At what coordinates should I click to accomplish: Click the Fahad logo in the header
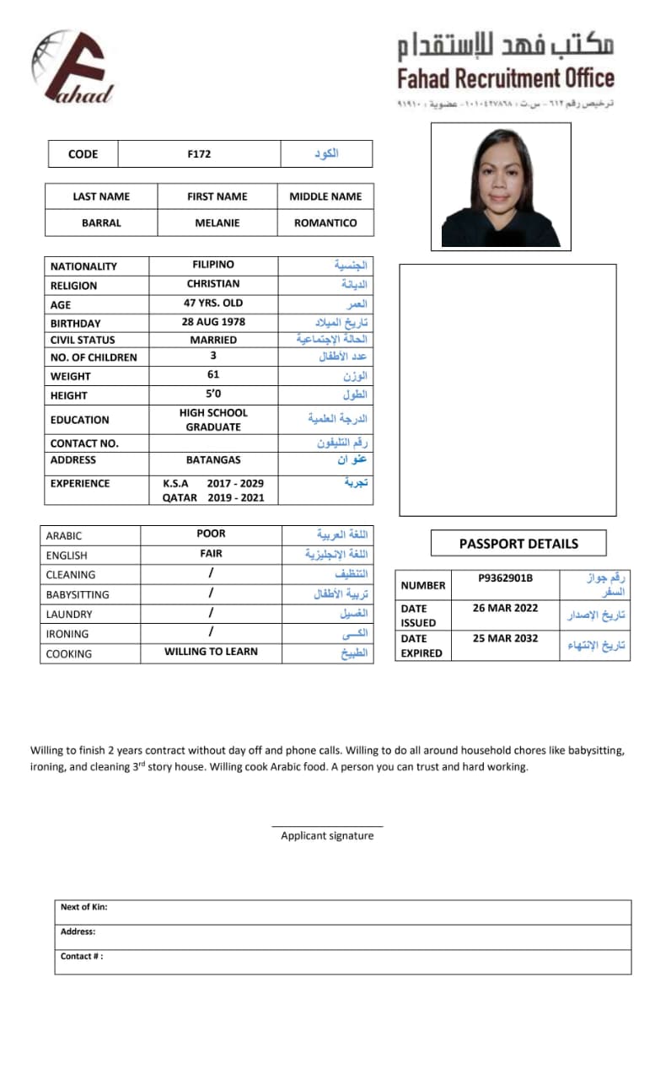click(72, 67)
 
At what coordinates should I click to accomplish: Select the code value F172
click(199, 153)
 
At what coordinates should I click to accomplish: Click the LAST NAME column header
click(101, 196)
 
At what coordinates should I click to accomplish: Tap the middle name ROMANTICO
click(325, 223)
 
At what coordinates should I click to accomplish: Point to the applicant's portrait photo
click(501, 186)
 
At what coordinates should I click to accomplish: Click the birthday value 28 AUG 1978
click(213, 322)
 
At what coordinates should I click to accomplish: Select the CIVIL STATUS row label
click(83, 340)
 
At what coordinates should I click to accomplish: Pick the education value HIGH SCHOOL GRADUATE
click(213, 420)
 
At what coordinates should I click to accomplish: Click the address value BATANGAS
click(213, 460)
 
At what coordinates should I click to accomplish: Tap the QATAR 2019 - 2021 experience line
click(213, 497)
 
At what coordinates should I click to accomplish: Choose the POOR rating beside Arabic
click(211, 534)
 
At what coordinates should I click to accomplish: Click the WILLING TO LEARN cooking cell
click(211, 652)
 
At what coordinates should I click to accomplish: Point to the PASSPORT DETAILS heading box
click(518, 544)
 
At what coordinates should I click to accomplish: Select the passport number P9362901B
click(506, 578)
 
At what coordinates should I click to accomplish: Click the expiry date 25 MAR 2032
click(505, 638)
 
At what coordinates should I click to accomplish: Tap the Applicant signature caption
click(327, 835)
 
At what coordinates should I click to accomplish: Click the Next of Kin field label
click(83, 907)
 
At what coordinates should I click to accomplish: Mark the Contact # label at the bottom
click(82, 957)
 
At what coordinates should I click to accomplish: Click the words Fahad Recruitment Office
click(506, 79)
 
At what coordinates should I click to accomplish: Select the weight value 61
click(213, 375)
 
